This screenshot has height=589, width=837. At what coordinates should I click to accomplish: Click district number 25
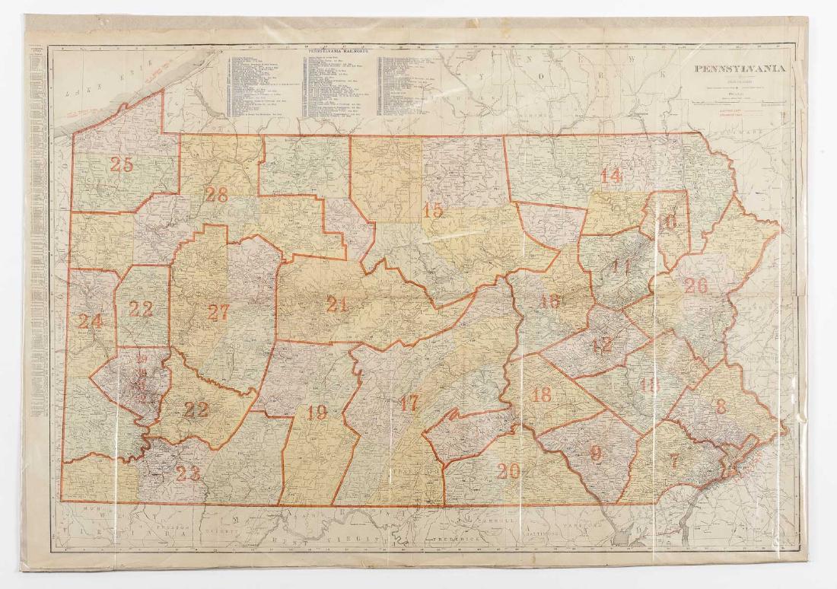[121, 163]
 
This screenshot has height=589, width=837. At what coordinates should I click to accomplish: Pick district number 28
[216, 195]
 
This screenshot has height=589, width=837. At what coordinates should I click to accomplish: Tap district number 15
[433, 211]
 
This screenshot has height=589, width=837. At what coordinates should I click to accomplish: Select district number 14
[610, 175]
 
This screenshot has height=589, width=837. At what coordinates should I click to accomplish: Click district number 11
[620, 267]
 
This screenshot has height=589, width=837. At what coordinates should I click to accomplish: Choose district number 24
[89, 322]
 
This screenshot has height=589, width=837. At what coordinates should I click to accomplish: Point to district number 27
[218, 312]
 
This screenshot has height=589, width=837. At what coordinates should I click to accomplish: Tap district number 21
[336, 304]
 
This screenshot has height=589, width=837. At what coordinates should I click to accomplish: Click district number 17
[409, 404]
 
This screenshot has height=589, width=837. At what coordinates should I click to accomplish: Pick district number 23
[187, 474]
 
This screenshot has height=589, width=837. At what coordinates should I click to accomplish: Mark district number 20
[508, 471]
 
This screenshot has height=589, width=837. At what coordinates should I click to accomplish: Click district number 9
[595, 452]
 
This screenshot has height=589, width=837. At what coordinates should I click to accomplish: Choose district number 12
[601, 345]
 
